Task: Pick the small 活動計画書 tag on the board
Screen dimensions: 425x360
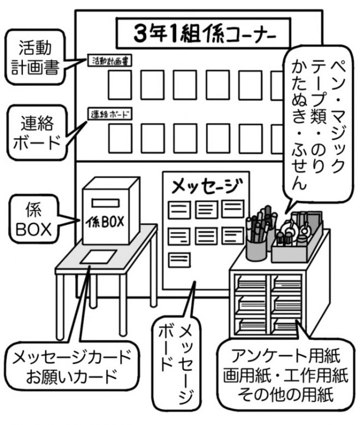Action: tap(111, 61)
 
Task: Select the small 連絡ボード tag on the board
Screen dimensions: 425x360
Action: tap(111, 115)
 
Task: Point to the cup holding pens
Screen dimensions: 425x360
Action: tap(256, 248)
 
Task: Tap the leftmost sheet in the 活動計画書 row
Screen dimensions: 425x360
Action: tap(119, 85)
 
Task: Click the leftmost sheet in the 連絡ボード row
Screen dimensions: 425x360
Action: tap(119, 138)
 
